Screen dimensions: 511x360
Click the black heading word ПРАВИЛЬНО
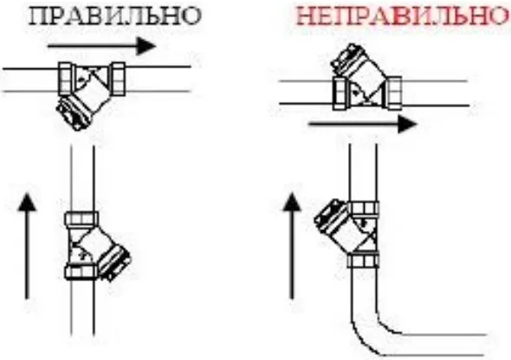tap(114, 16)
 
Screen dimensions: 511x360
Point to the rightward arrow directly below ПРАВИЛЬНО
tap(101, 46)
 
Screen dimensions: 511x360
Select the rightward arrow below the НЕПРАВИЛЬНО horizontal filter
tap(362, 124)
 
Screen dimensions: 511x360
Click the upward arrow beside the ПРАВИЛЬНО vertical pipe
tap(28, 246)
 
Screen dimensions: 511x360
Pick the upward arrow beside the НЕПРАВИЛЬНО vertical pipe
tap(291, 246)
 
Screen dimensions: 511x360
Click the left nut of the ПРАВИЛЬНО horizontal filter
tap(66, 79)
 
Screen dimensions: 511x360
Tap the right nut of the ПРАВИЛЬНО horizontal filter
tap(118, 79)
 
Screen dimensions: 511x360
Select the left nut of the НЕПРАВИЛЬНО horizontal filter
tap(340, 93)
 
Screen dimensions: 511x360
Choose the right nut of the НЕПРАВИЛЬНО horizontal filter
tap(394, 93)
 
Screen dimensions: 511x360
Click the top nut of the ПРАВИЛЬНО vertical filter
tap(81, 218)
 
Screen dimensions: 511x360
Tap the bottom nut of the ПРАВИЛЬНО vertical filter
tap(81, 272)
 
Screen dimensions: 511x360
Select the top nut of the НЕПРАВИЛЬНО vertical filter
tap(363, 209)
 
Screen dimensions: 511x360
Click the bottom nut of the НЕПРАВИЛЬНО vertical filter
tap(363, 261)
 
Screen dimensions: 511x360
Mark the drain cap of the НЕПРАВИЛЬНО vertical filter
tap(331, 216)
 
